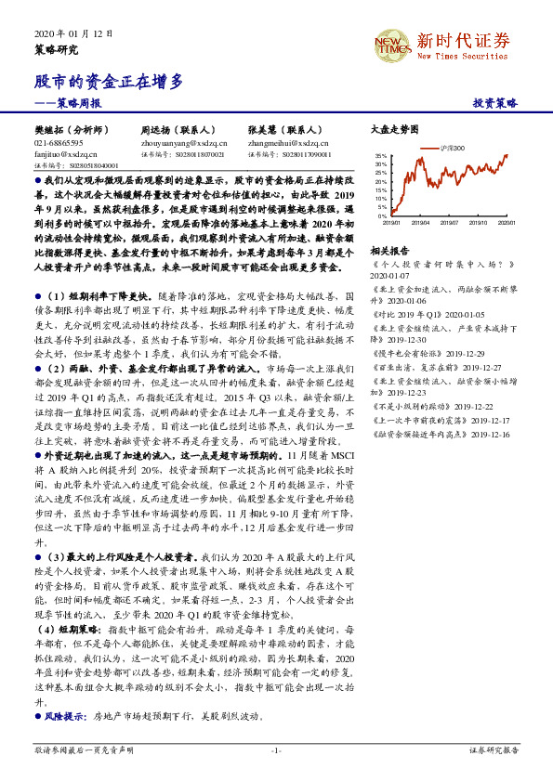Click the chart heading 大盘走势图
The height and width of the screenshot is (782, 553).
click(395, 131)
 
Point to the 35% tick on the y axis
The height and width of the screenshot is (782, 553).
click(381, 156)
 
